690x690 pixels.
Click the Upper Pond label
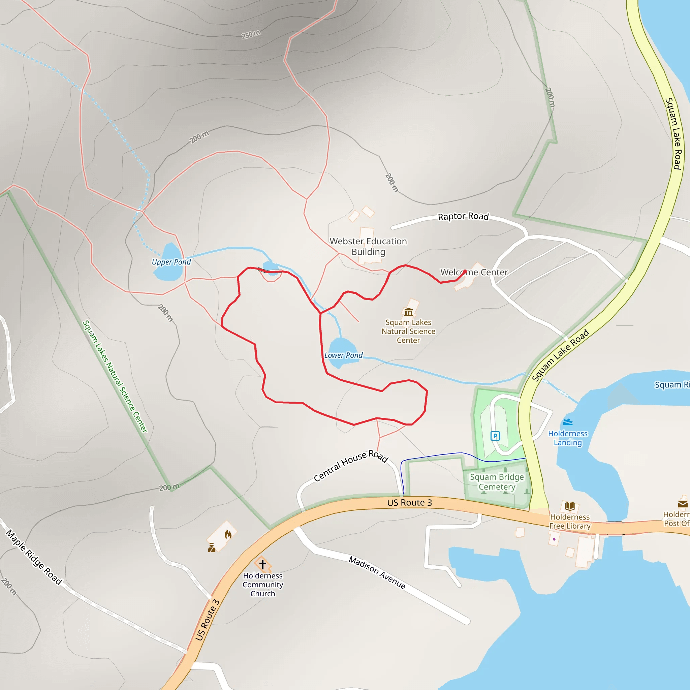(x=171, y=262)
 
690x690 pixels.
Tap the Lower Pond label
(x=343, y=355)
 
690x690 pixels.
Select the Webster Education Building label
(x=368, y=246)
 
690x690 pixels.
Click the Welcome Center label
(x=474, y=273)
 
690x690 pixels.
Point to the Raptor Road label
(x=463, y=216)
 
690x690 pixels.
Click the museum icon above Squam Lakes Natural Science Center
(x=409, y=312)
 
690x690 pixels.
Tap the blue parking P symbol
(x=495, y=436)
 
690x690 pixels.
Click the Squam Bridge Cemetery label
(x=497, y=482)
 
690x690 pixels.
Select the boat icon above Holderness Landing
(x=568, y=422)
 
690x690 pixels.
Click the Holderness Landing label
(x=568, y=438)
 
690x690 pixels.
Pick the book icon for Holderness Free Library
(x=570, y=506)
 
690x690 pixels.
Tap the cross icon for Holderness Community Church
(x=263, y=564)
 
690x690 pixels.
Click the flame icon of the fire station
(x=228, y=535)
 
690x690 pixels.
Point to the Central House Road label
(x=351, y=466)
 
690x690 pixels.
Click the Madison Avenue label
(x=377, y=572)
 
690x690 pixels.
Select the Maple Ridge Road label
(x=34, y=557)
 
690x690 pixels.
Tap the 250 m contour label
(x=251, y=34)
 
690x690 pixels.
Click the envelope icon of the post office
(x=683, y=504)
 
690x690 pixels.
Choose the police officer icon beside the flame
(x=212, y=547)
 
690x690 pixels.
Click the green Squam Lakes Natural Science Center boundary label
(x=115, y=376)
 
